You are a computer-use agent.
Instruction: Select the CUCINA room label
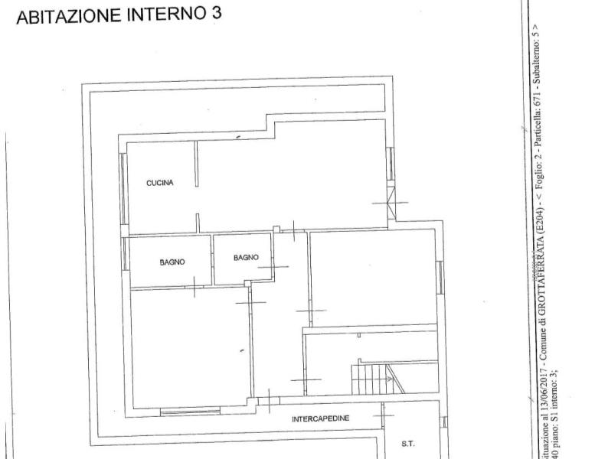(x=160, y=183)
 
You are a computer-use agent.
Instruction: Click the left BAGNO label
(x=172, y=262)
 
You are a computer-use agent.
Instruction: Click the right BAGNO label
(x=247, y=257)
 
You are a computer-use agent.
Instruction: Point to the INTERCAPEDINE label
(x=321, y=419)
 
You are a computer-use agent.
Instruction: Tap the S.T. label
(x=408, y=444)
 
